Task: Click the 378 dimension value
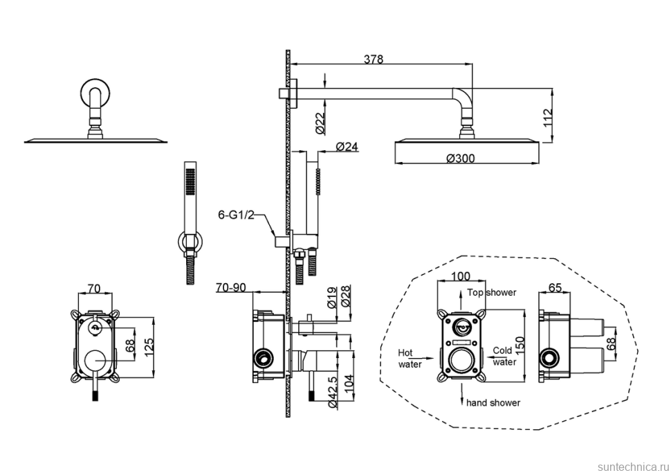373,59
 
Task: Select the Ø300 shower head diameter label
461,158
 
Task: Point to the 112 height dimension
547,118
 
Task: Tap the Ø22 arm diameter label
322,123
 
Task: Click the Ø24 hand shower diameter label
347,147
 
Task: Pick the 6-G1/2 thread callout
236,215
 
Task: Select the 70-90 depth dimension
230,287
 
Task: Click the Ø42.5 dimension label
335,392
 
